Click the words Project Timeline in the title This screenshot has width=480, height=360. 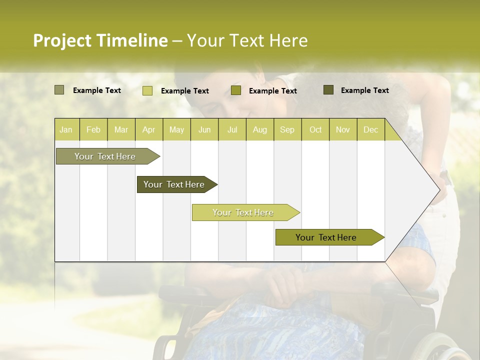[100, 40]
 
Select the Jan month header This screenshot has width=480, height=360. [66, 129]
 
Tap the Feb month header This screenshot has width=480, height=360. [93, 129]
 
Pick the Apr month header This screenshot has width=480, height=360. [148, 129]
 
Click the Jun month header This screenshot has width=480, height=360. [204, 129]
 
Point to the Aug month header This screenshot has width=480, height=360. [259, 129]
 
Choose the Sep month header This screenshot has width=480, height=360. [287, 129]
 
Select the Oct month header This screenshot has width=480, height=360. [315, 129]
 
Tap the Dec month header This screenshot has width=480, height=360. [370, 129]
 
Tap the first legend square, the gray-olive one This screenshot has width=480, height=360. [59, 90]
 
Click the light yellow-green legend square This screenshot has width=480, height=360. [147, 90]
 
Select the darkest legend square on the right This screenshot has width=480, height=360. [328, 90]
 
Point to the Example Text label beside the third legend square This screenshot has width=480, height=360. [272, 91]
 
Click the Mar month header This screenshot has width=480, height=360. [121, 129]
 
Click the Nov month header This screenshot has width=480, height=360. [342, 129]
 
